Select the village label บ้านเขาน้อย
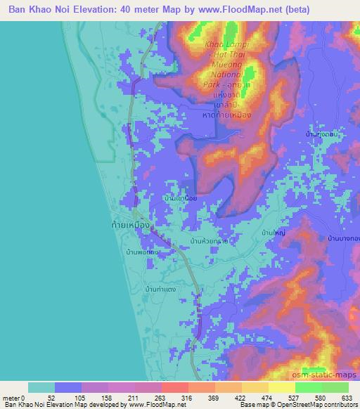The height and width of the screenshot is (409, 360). point(179,199)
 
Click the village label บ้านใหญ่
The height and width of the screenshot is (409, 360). point(272,231)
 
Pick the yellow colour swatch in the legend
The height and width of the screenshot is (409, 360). point(281,387)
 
